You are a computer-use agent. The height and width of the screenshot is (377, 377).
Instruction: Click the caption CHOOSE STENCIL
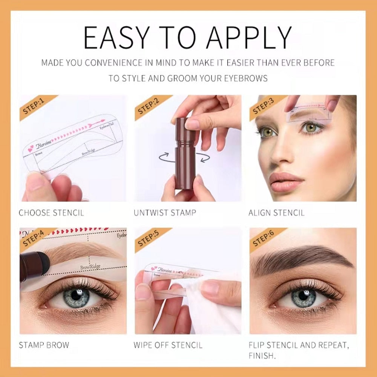click(52, 213)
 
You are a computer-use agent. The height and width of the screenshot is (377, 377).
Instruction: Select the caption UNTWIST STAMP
click(165, 213)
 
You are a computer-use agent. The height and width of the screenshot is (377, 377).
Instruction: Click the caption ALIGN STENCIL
click(276, 213)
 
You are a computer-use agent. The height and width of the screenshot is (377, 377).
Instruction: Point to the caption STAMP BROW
click(44, 345)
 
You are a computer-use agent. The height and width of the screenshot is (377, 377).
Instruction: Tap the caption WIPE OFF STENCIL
click(168, 345)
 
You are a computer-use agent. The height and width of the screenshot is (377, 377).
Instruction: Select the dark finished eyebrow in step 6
click(298, 258)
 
